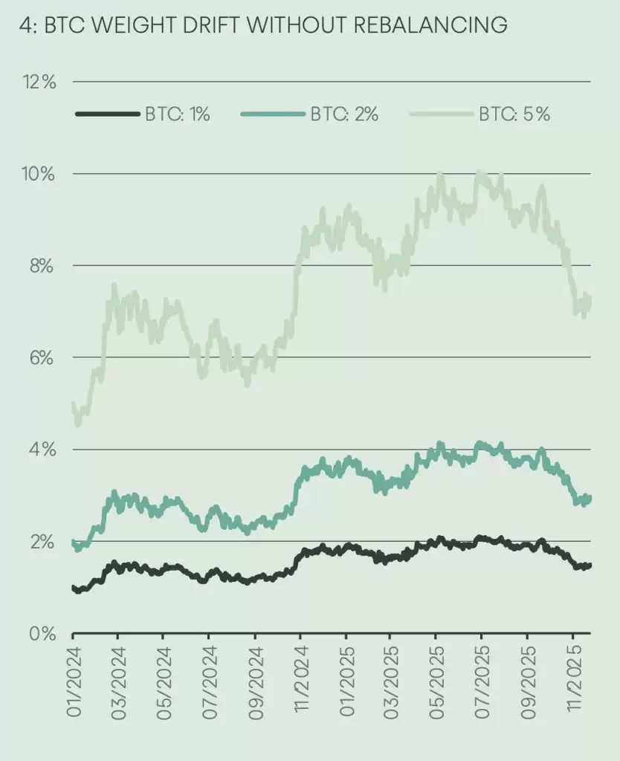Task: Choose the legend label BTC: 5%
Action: [x=514, y=114]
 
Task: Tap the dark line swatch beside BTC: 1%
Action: [x=108, y=114]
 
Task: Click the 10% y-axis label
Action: [x=38, y=174]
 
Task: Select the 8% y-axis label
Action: [x=41, y=266]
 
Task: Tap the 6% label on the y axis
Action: [x=41, y=358]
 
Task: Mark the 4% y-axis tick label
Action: [x=41, y=450]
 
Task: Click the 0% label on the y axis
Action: [x=41, y=634]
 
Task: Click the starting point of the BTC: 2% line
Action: [x=73, y=543]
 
